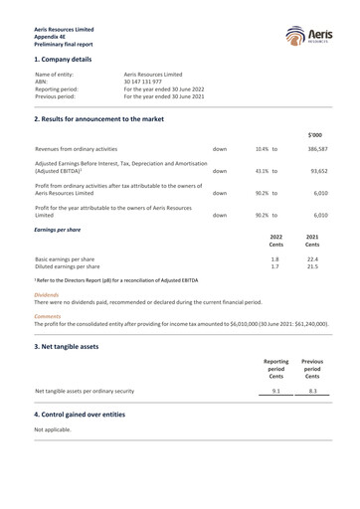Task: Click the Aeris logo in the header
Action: point(306,38)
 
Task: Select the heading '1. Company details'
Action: point(70,60)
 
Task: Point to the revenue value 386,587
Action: point(317,148)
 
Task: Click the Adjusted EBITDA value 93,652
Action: point(318,170)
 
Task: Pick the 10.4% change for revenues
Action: point(263,148)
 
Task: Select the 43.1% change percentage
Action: point(263,170)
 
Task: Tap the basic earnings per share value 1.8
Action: point(274,258)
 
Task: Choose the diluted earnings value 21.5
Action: point(313,266)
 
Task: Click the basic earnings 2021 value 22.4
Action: point(313,258)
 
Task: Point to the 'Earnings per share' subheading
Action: point(58,230)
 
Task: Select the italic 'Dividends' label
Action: point(47,295)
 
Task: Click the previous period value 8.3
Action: point(312,391)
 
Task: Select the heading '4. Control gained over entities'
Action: point(91,413)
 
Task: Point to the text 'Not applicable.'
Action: point(54,428)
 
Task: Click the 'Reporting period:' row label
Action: point(57,89)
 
